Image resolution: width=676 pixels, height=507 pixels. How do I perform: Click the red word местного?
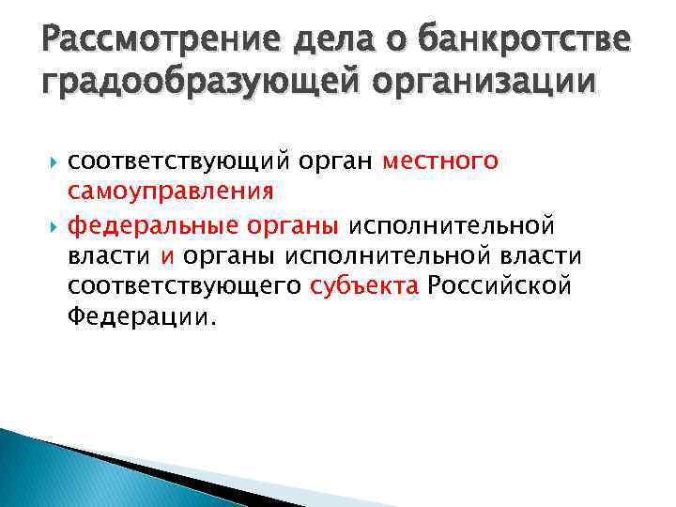click(440, 161)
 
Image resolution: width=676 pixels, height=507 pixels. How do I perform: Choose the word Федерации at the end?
click(141, 317)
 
